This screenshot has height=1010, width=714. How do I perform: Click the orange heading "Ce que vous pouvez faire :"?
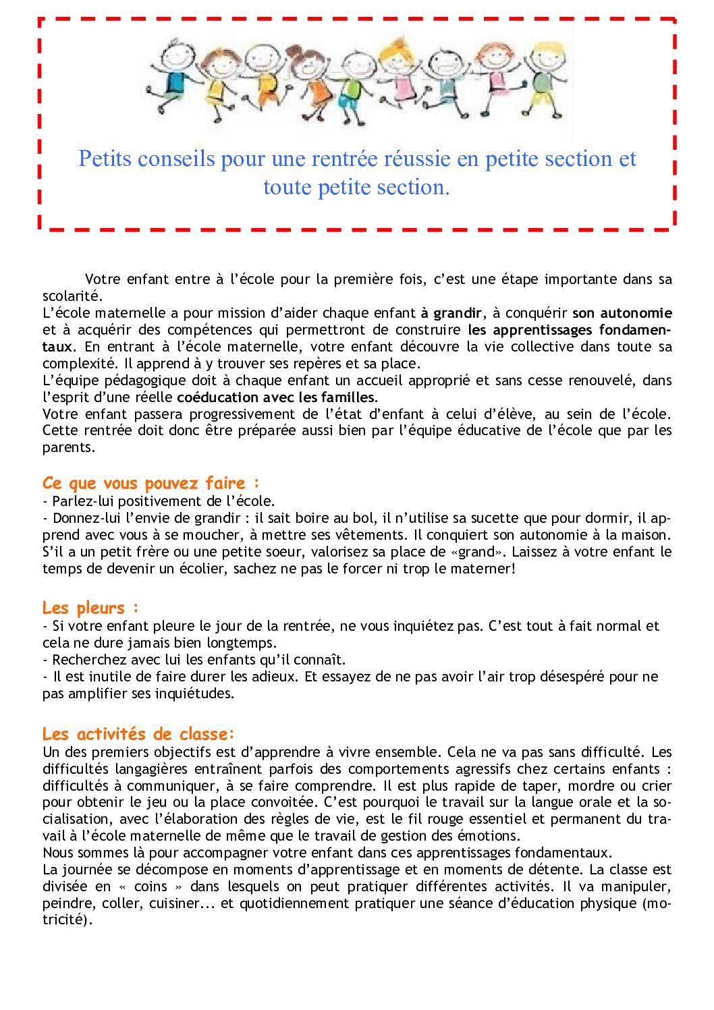150,483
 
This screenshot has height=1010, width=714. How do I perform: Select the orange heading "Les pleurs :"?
90,608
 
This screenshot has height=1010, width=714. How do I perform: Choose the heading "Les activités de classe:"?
138,734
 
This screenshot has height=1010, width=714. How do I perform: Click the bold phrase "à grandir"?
451,313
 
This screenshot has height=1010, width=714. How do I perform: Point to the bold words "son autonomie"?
622,313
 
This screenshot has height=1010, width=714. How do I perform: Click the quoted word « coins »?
150,887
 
